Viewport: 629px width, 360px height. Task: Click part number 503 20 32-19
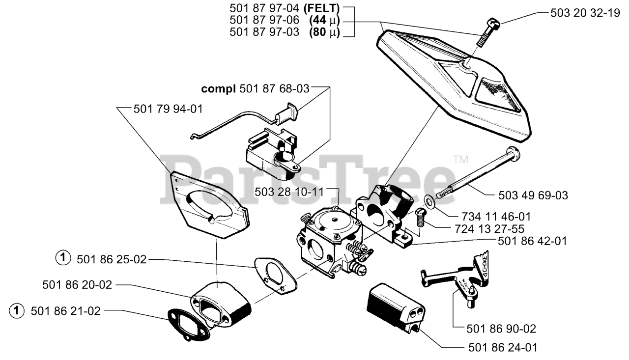[x=585, y=13]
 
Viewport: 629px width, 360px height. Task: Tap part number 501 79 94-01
[x=168, y=109]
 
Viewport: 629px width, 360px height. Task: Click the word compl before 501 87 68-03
[x=219, y=89]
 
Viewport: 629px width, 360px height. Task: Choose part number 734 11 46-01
[x=497, y=216]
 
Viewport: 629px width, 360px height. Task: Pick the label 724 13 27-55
[x=489, y=229]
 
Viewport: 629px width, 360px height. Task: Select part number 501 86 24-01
[x=502, y=348]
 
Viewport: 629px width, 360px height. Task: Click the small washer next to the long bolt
[x=429, y=201]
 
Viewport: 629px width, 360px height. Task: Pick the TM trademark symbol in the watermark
[x=459, y=159]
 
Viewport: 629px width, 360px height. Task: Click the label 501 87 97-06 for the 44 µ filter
[x=264, y=21]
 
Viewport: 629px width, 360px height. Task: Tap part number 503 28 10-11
[x=289, y=192]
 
